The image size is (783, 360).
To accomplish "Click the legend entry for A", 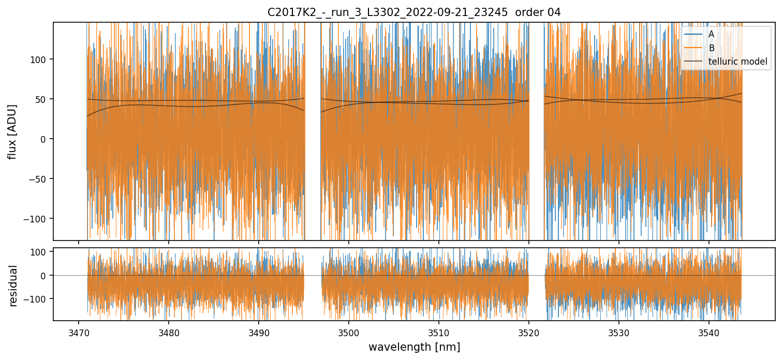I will [711, 34].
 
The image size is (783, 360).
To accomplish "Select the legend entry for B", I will [711, 48].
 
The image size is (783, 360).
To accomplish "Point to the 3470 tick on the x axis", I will [79, 331].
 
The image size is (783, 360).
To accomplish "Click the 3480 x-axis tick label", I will [169, 331].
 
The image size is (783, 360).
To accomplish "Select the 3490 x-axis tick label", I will [259, 331].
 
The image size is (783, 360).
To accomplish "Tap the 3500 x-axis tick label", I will [348, 331].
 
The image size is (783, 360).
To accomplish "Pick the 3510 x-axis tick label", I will [438, 331].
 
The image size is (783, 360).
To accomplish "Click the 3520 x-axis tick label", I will [528, 331].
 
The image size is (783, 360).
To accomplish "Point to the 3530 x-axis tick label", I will [618, 331].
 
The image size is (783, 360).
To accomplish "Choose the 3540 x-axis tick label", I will [708, 331].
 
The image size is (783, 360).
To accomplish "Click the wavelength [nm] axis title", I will [414, 347].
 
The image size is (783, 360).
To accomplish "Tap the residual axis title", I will [13, 286].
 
